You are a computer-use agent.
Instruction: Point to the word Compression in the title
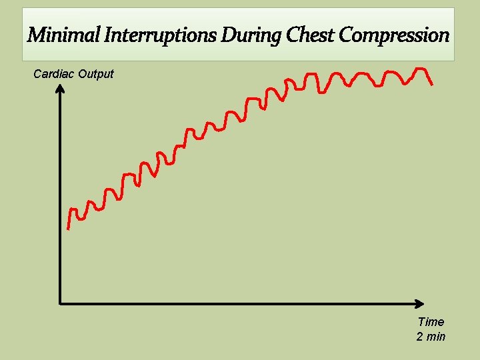pos(394,35)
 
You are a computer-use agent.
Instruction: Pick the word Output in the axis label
pos(96,73)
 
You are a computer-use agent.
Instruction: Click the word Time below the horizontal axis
pos(431,322)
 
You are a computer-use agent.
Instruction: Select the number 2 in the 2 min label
pos(420,337)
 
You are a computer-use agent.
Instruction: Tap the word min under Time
pos(436,337)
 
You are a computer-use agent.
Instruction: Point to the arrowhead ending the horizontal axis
pos(425,304)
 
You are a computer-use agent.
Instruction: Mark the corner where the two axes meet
pos(61,304)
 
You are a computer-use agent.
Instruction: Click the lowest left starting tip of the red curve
pos(68,229)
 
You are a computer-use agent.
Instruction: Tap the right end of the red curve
pos(433,84)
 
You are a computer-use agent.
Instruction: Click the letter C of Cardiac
pos(37,73)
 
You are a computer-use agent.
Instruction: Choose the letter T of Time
pos(421,322)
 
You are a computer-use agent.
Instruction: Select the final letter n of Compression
pos(444,35)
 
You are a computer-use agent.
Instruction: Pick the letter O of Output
pos(82,73)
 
